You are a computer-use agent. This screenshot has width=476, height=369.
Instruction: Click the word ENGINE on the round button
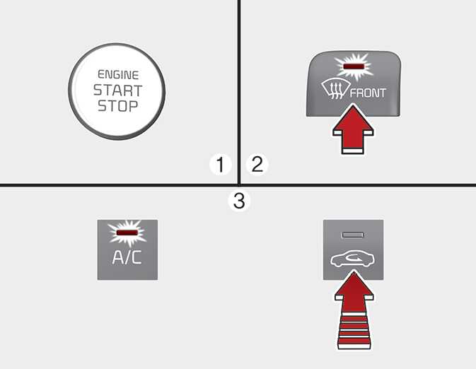coord(118,75)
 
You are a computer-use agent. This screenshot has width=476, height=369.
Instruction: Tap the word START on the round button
coord(118,90)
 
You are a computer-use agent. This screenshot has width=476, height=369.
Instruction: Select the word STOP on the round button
coord(118,106)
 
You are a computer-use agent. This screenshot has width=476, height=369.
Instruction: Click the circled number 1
coord(221,165)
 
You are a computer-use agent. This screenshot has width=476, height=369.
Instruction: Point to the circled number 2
coord(257,165)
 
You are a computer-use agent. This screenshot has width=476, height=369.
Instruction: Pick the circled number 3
coord(239,201)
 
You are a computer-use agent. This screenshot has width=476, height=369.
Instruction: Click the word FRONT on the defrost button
coord(368,93)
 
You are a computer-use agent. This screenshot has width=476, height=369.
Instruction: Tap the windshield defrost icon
coord(333,90)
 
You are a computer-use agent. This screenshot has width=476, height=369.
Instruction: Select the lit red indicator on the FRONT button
coord(354,66)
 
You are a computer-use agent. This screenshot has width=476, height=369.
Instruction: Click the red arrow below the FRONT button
coord(353,129)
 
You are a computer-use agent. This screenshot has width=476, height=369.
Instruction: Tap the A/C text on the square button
coord(127,257)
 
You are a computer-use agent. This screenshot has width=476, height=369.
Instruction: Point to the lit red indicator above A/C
coord(127,233)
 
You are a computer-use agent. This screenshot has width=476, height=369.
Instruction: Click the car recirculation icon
coord(352,260)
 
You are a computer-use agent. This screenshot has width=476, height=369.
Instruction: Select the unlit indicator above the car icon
coord(353,235)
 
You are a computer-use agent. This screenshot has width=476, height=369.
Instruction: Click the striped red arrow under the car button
coord(354,310)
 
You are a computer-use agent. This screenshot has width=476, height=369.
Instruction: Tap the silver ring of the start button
coord(71,91)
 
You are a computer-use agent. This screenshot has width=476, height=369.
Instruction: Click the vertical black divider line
coord(239,92)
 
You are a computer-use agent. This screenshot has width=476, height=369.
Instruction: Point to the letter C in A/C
coord(137,257)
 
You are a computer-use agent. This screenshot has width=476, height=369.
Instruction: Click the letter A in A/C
coord(118,257)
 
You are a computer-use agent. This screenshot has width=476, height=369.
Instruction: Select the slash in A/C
coord(127,257)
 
